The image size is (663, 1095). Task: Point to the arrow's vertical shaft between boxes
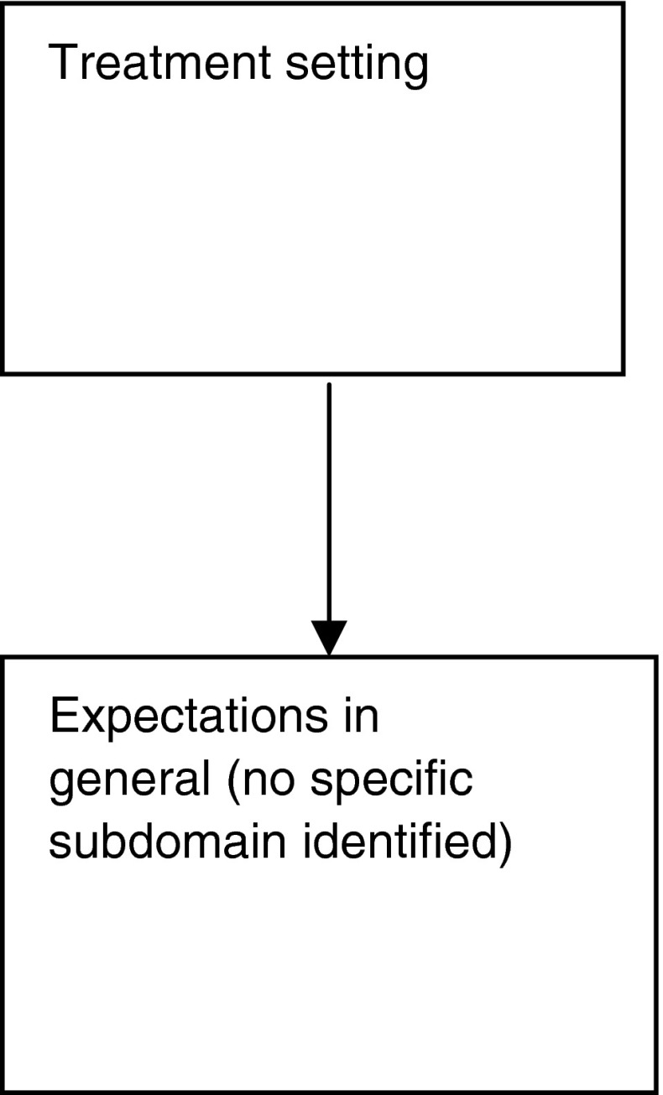[329, 503]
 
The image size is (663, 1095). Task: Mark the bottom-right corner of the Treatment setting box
[623, 372]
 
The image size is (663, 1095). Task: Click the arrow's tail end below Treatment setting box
[329, 386]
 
